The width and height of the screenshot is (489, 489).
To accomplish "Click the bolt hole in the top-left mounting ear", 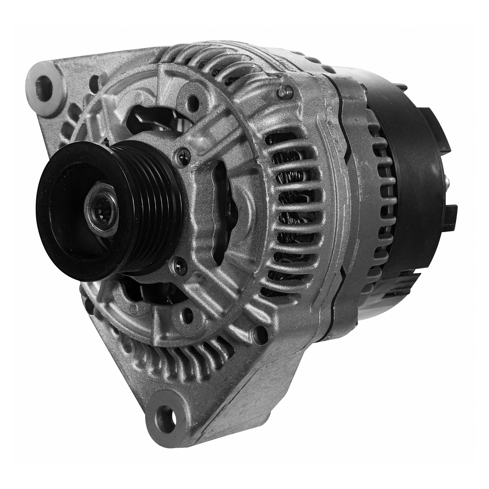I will click(44, 88).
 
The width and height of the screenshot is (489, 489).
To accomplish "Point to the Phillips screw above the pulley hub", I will click(183, 156).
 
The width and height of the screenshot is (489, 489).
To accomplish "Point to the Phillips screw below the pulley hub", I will click(180, 266).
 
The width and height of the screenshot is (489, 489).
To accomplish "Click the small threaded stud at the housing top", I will click(286, 92).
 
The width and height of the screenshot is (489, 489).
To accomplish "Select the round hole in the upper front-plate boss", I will click(193, 102).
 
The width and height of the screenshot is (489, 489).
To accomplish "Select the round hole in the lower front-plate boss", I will click(188, 316).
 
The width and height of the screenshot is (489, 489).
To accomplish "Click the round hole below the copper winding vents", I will click(260, 334).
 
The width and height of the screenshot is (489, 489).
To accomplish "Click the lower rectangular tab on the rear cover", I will click(449, 217).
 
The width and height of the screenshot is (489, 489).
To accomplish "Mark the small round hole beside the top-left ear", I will click(94, 84).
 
